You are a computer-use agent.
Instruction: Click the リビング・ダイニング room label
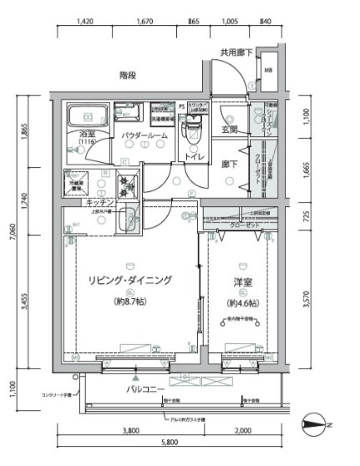click(x=129, y=281)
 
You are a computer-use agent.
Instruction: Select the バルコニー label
click(x=145, y=388)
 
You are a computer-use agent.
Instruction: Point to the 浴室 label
click(x=88, y=134)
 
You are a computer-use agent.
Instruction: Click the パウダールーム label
click(x=145, y=134)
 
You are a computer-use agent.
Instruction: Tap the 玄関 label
click(x=230, y=129)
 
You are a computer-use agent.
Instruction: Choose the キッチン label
click(x=99, y=202)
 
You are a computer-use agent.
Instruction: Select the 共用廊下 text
click(x=237, y=53)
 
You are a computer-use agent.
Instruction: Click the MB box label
click(x=268, y=70)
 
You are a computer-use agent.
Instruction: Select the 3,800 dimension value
click(x=129, y=433)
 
